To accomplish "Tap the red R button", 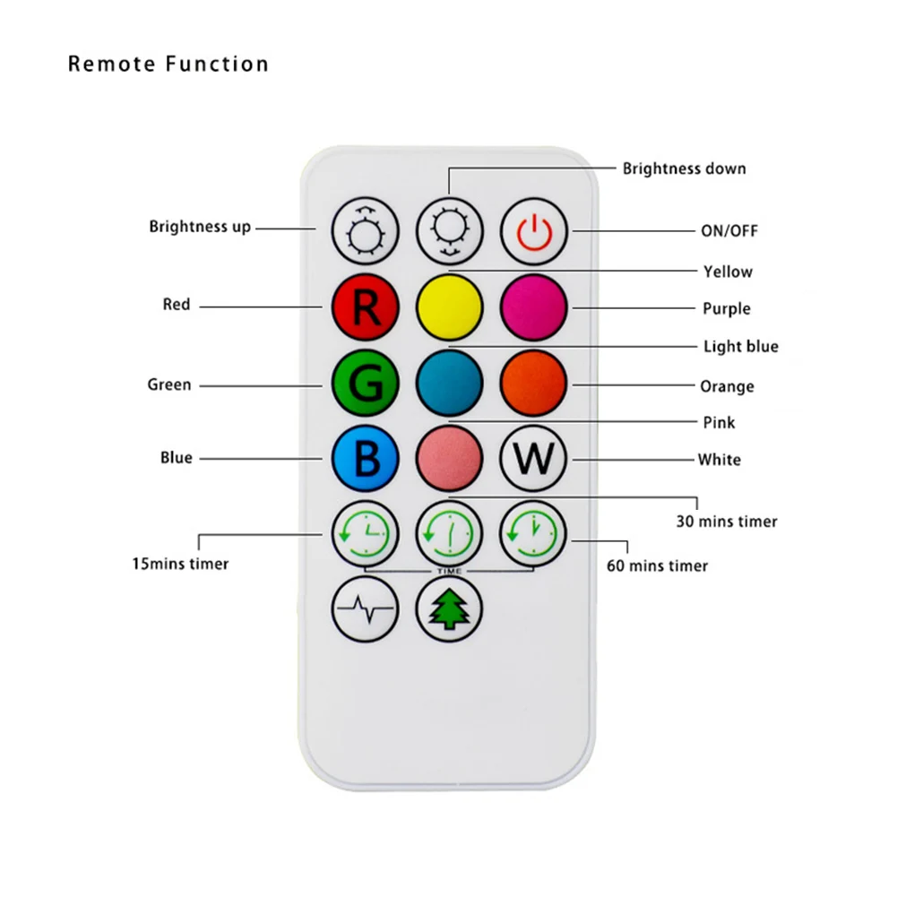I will pos(365,306).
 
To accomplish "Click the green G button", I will pos(365,383).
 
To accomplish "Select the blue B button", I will pos(365,458).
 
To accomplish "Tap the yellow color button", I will pos(449,306).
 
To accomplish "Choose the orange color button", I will pos(533,383).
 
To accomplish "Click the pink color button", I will pos(449,458).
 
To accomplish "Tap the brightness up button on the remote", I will pos(365,231).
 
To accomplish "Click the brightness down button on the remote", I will pos(449,231).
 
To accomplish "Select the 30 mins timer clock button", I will pos(449,534).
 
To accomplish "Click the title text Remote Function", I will pos(168,65).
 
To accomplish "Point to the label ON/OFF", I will pos(729,231).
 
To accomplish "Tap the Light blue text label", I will pos(740,347).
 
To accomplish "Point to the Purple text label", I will pos(726,309).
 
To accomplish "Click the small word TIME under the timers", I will pos(449,572).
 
